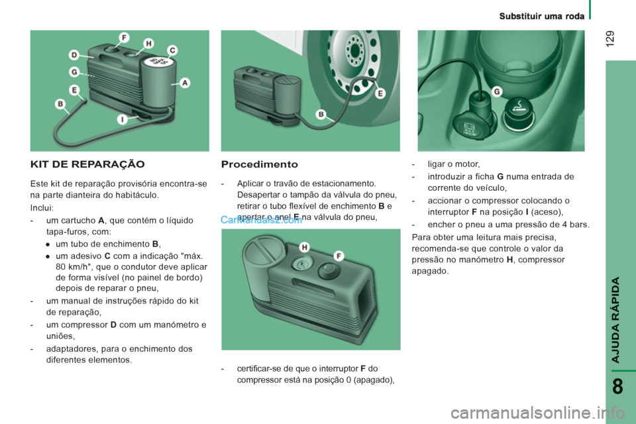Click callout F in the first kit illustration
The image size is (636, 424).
click(x=124, y=38)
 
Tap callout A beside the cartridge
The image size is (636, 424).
click(x=185, y=83)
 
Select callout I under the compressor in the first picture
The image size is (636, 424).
click(x=122, y=119)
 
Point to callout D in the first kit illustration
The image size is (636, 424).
click(x=74, y=55)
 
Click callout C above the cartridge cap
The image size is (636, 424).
click(x=173, y=50)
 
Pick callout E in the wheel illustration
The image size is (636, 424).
click(x=380, y=93)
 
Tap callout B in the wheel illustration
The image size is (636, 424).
click(x=321, y=114)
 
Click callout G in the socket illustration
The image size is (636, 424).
click(x=497, y=91)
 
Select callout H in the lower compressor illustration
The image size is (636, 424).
click(x=304, y=247)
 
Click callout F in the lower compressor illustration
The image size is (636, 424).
click(x=339, y=256)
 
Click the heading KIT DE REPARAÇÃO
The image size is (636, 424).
click(x=87, y=164)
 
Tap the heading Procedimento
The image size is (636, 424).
click(x=260, y=164)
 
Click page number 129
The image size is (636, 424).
click(x=610, y=38)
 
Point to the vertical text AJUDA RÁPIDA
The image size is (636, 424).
click(x=615, y=320)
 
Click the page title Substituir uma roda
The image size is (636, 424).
click(x=542, y=16)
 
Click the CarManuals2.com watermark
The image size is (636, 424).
click(x=261, y=220)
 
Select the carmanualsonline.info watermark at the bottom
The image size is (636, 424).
click(x=537, y=413)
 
